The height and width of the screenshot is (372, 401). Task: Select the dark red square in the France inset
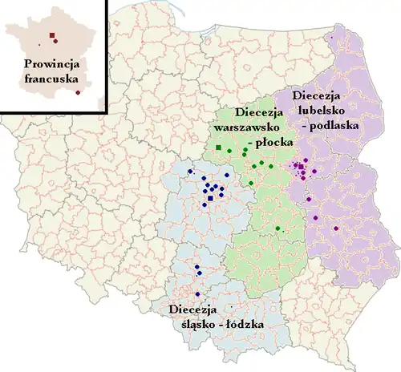click(x=52, y=35)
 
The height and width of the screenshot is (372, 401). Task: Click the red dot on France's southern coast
click(x=77, y=93)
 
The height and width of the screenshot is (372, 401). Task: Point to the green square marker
click(x=218, y=148)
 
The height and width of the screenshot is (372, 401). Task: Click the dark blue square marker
click(x=210, y=197)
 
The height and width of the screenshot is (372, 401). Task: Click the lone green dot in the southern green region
click(x=279, y=229)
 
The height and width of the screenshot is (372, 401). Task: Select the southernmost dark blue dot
click(x=197, y=294)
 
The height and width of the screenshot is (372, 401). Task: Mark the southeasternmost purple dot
click(x=336, y=232)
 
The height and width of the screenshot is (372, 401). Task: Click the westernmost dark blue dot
click(x=189, y=172)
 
